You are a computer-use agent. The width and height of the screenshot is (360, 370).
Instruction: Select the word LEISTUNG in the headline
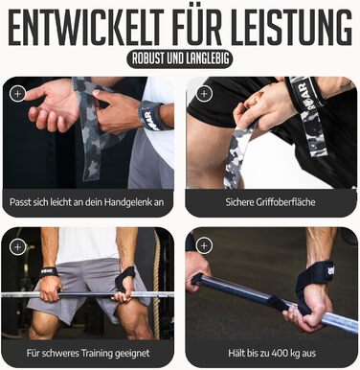click(291, 28)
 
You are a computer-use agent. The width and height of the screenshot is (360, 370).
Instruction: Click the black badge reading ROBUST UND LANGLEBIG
click(180, 58)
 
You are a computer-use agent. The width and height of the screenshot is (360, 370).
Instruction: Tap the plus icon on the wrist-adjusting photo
click(17, 94)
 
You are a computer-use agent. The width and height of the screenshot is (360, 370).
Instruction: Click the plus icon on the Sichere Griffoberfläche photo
click(204, 94)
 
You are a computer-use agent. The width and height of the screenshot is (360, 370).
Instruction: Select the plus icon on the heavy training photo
click(17, 246)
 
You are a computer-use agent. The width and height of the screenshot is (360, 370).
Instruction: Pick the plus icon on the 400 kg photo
click(204, 246)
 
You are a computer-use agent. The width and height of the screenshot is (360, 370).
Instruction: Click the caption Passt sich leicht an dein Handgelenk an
click(87, 202)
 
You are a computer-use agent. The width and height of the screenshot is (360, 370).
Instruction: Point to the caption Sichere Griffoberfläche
click(270, 202)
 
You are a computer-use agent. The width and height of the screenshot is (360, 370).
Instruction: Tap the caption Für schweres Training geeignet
click(88, 353)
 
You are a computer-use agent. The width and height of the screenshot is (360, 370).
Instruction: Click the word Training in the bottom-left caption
click(97, 354)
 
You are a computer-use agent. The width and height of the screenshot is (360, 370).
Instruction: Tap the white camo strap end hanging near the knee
click(236, 156)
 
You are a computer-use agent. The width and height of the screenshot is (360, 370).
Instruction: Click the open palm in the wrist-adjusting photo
click(55, 105)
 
